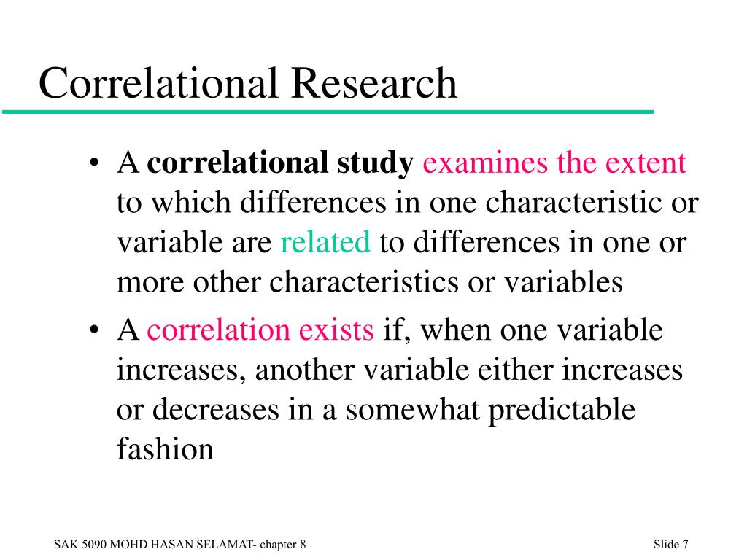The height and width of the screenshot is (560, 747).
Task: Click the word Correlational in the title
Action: coord(158,83)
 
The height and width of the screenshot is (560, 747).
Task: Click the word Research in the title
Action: coord(374,83)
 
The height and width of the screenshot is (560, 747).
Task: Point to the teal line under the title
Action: coord(328,112)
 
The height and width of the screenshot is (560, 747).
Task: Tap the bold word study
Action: coord(375,163)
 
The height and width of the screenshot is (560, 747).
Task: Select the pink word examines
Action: coord(485,163)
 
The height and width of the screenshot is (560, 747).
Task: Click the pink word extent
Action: coord(646,163)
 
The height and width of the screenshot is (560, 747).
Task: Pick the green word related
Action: coord(325,241)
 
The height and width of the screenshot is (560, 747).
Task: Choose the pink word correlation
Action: coord(218,329)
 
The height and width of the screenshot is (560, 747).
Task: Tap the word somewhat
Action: coord(412,410)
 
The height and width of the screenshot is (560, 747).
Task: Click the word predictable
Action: coord(562,411)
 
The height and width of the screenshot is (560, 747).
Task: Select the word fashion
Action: coord(165,448)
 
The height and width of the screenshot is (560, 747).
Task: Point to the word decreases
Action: coord(215,410)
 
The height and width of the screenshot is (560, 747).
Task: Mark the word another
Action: coord(304,370)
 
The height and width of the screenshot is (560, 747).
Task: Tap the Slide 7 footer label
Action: coord(671,544)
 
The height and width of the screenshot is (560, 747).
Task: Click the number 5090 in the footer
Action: coord(93,544)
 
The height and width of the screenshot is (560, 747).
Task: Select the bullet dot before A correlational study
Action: coord(94,162)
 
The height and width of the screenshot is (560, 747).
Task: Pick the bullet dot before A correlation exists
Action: coord(94,329)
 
